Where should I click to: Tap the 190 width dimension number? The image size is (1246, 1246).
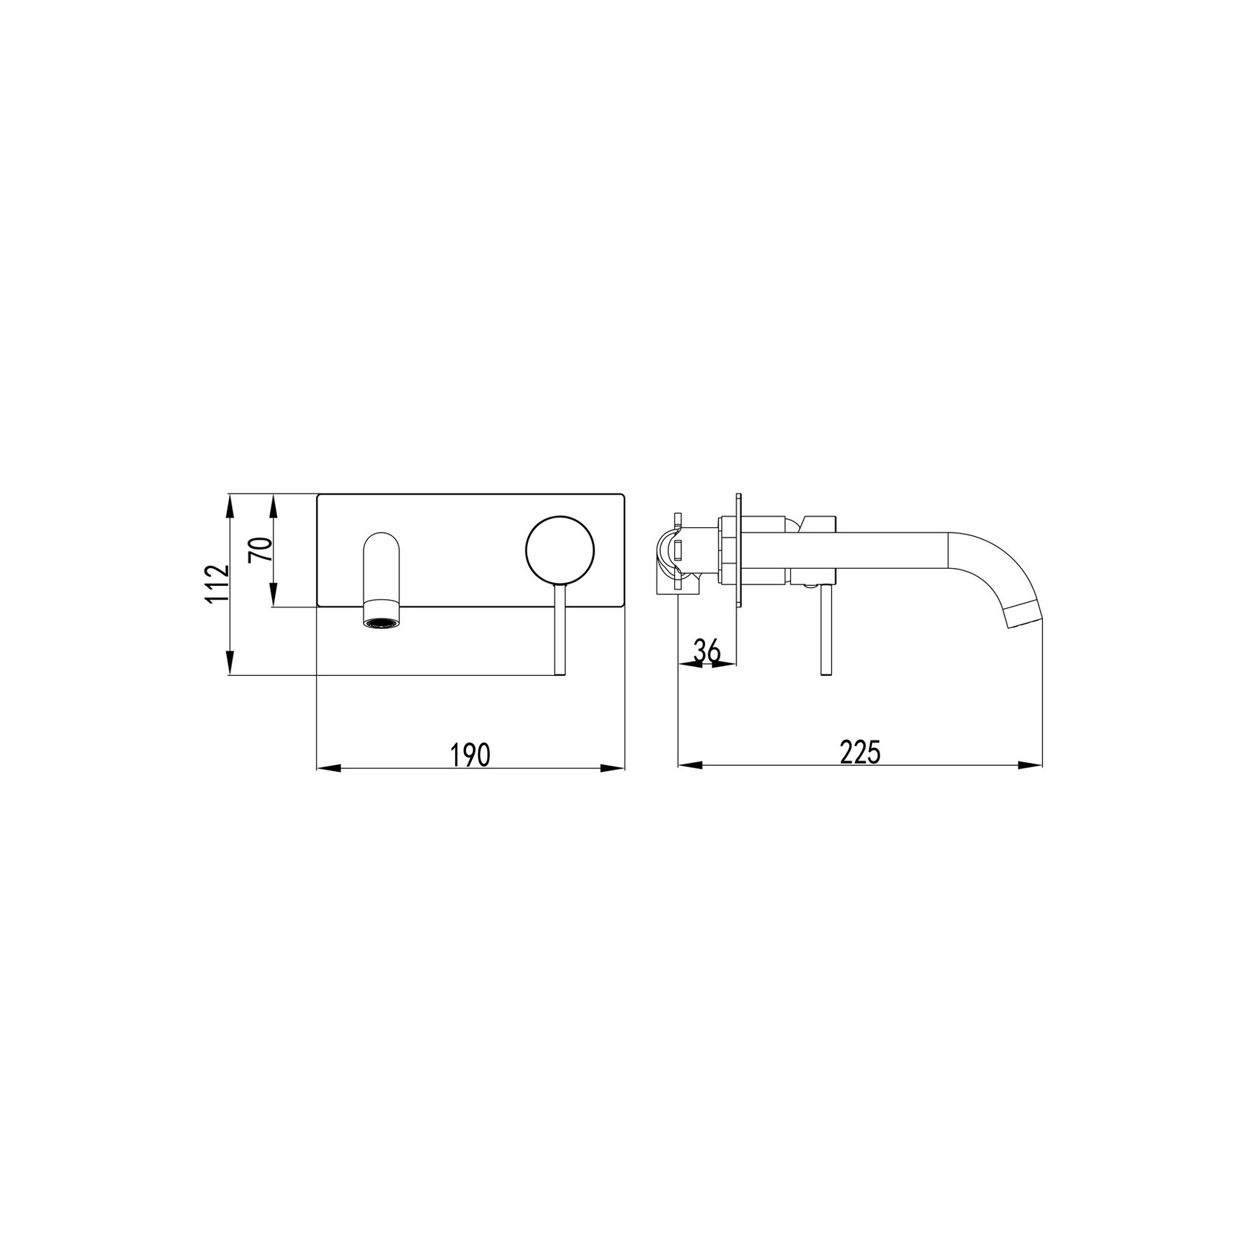point(471,754)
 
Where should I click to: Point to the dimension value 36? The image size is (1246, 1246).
point(708,651)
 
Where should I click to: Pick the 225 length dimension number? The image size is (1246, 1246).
point(860,752)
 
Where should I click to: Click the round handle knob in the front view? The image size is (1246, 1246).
point(560,549)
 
